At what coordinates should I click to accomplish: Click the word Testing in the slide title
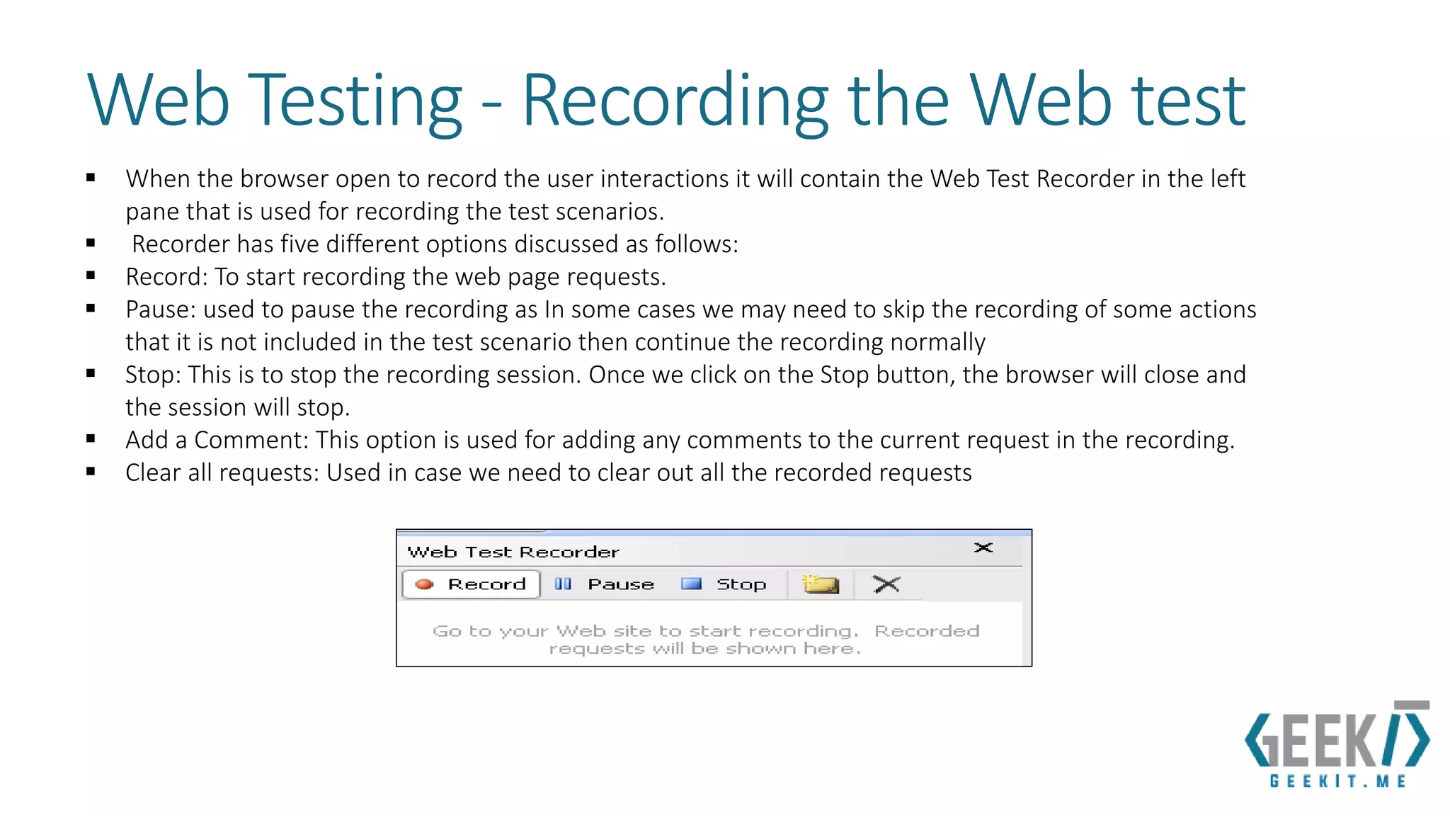[x=357, y=101]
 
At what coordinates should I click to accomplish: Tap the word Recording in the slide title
[x=675, y=101]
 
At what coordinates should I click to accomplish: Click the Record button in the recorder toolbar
[x=472, y=584]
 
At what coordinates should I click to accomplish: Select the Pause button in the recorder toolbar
[x=605, y=584]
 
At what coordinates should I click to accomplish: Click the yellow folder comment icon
[x=821, y=584]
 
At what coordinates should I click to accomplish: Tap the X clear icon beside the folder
[x=886, y=584]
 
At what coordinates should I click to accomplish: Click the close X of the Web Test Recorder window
[x=983, y=548]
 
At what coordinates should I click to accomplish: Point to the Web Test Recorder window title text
[x=513, y=552]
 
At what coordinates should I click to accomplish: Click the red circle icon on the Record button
[x=424, y=584]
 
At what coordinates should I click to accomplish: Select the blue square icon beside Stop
[x=690, y=584]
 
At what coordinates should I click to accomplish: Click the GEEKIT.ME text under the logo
[x=1337, y=781]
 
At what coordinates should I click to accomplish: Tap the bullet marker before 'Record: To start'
[x=91, y=276]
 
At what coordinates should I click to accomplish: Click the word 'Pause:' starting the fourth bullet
[x=161, y=310]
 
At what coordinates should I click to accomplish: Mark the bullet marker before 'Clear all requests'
[x=91, y=471]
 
